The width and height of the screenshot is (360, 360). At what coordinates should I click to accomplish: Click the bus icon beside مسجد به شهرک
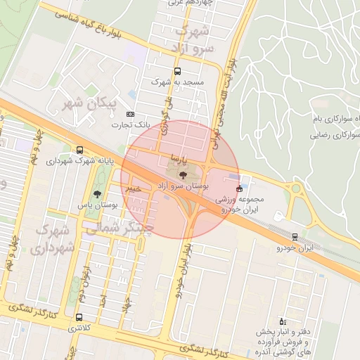tap(177, 71)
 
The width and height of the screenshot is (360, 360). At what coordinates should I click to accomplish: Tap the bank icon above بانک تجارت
tap(130, 114)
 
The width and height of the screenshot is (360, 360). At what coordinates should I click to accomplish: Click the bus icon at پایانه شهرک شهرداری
tap(79, 150)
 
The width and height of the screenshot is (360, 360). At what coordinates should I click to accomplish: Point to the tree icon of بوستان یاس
tap(96, 195)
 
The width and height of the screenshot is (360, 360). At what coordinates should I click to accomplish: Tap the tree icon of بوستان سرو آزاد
tap(183, 174)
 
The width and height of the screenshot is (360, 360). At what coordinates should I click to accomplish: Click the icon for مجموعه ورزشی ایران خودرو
tap(239, 188)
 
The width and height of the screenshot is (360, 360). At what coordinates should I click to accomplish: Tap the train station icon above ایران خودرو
tap(294, 236)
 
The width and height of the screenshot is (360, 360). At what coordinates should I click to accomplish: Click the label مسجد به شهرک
tap(182, 82)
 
